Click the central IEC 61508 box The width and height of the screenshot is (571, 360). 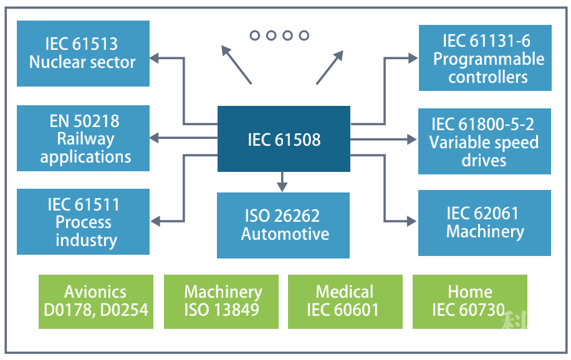click(x=284, y=139)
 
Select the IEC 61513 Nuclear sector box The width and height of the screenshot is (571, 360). click(x=83, y=54)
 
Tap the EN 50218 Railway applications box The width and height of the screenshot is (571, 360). click(x=83, y=138)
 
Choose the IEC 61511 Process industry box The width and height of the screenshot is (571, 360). click(x=83, y=222)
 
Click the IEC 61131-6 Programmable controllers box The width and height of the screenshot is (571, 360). click(x=485, y=58)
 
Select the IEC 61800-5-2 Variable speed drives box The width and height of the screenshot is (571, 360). click(x=484, y=141)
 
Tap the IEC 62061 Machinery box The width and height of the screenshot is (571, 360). click(x=484, y=222)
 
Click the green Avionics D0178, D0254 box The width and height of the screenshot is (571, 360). click(x=95, y=301)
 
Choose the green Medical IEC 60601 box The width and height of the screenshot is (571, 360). click(x=344, y=301)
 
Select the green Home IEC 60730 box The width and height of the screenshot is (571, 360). click(x=469, y=301)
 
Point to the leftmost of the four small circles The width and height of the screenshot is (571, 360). click(x=255, y=36)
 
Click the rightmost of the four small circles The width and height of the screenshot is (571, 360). click(x=304, y=36)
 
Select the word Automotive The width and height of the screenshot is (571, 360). click(x=285, y=234)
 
